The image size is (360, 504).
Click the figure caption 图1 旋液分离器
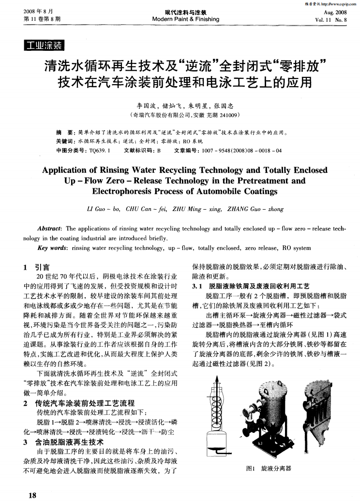[269, 468]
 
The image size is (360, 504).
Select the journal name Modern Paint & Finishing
[185, 19]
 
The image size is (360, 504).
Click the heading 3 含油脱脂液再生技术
[63, 442]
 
